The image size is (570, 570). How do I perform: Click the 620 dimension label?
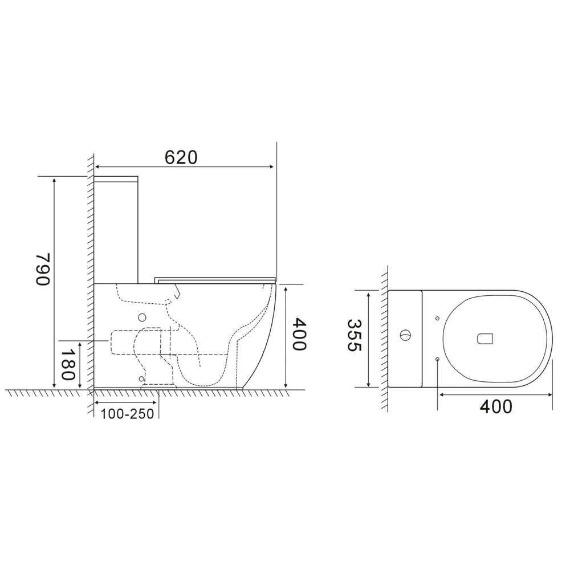[181, 157]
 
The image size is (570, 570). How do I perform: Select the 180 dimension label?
[67, 364]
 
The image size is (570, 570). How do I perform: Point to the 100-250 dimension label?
[127, 414]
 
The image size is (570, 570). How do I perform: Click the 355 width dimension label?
[354, 335]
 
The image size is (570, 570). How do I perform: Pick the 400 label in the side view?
[300, 334]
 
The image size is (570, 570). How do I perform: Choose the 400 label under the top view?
[496, 406]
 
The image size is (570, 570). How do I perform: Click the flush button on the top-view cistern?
[405, 335]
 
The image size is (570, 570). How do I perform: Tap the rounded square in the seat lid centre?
[485, 339]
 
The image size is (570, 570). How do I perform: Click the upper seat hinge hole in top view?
[437, 319]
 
